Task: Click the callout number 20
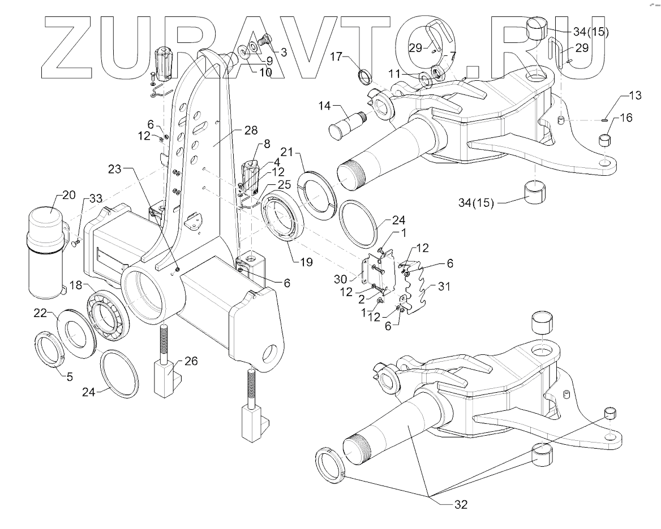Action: pyautogui.click(x=68, y=196)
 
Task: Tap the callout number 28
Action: pyautogui.click(x=251, y=130)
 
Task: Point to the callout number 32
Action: pyautogui.click(x=461, y=505)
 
